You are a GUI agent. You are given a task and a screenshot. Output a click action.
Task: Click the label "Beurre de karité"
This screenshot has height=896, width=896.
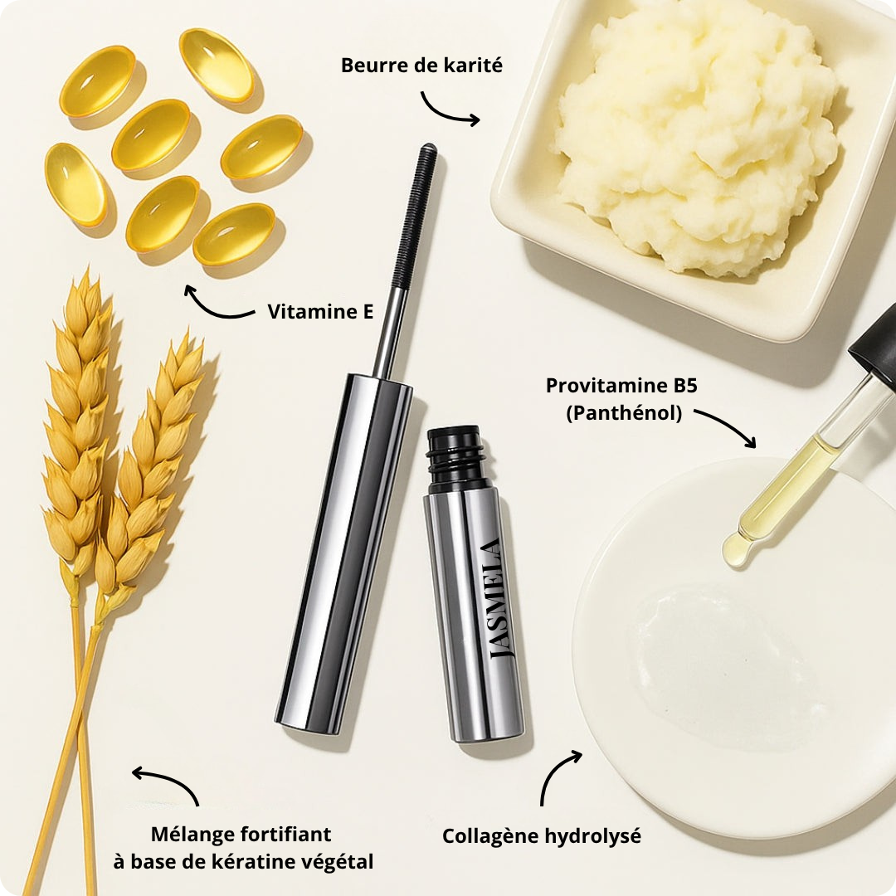click(x=421, y=65)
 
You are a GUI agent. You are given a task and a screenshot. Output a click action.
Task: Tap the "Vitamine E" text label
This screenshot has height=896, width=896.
click(x=320, y=312)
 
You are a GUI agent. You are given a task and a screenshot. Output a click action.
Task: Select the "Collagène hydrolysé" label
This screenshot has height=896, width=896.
click(x=541, y=836)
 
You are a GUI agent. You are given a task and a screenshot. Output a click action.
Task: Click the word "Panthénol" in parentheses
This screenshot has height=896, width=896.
click(x=624, y=412)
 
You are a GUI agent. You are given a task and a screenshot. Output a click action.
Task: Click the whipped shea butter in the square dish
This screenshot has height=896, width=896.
click(x=697, y=133)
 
